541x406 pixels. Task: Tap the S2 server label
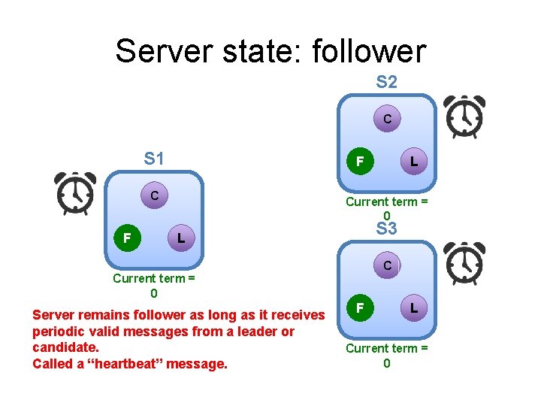[x=386, y=82]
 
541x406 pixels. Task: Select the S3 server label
[x=386, y=229]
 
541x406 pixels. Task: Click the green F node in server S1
[x=127, y=238]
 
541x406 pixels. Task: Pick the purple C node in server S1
[x=154, y=196]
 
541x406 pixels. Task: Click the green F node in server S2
[x=360, y=161]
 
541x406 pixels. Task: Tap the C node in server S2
[x=387, y=119]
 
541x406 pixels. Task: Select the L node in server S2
[x=414, y=161]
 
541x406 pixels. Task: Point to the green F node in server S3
[x=360, y=308]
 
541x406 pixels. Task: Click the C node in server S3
[x=387, y=265]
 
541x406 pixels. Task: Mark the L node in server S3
[x=414, y=308]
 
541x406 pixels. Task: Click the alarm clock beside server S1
[x=76, y=192]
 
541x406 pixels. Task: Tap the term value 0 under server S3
[x=386, y=364]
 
